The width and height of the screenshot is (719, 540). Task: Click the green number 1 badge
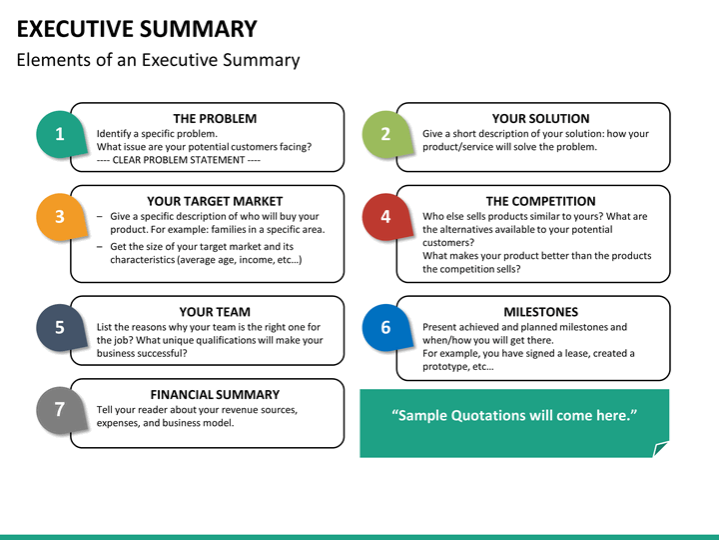(61, 134)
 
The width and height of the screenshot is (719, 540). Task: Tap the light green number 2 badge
(386, 134)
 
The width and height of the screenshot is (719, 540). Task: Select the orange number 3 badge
(61, 217)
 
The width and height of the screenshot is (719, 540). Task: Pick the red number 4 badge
(386, 217)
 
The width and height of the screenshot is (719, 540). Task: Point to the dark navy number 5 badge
(61, 327)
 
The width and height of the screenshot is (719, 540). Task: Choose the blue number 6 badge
(386, 327)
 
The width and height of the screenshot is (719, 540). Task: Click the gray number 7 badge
(61, 410)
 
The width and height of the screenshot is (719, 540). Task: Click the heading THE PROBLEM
(215, 118)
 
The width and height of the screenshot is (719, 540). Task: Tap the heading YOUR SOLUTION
(540, 118)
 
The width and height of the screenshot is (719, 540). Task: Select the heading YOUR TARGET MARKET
(215, 201)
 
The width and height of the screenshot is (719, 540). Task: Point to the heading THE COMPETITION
(540, 201)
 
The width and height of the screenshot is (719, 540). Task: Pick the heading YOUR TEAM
(215, 312)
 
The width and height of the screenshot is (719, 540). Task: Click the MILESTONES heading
(540, 312)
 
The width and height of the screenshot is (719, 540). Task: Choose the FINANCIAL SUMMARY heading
(215, 394)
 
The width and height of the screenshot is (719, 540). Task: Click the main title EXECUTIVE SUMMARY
(137, 28)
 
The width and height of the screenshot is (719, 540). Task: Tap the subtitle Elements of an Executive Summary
(158, 60)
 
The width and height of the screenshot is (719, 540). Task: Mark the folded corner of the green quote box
(660, 449)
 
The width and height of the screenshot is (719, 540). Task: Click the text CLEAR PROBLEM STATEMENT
(179, 160)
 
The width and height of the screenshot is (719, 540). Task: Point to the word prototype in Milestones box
(444, 367)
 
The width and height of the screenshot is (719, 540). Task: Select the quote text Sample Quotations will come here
(514, 415)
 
